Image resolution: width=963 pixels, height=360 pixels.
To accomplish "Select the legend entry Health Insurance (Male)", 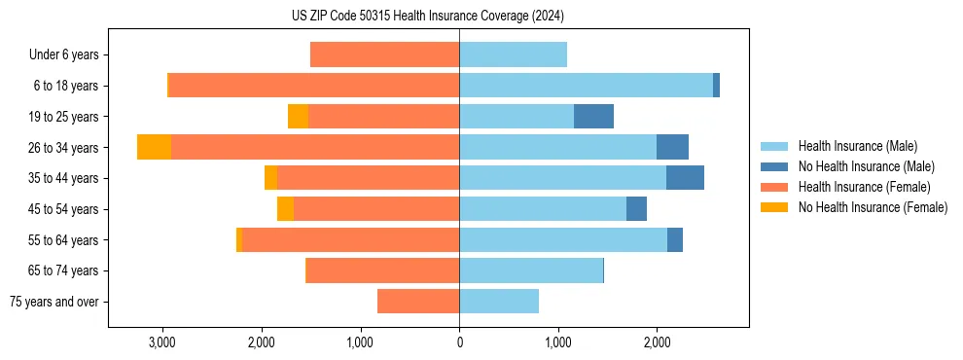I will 857,146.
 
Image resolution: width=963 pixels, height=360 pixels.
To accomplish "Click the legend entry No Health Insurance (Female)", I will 873,207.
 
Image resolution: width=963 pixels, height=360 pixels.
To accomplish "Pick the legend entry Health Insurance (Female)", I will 865,187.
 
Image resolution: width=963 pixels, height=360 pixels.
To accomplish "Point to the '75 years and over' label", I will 53,302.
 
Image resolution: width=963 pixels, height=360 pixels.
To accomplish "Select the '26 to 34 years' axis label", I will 62,148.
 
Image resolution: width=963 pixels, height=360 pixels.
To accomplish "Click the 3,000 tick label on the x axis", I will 161,342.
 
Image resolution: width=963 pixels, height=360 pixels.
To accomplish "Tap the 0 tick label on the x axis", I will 459,342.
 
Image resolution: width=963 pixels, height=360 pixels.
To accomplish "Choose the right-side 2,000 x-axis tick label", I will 657,342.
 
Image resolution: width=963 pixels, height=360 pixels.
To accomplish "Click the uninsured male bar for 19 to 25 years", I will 593,117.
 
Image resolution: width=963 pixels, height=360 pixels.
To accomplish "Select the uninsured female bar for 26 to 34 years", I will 154,147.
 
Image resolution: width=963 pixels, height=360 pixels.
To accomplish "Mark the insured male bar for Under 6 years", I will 513,55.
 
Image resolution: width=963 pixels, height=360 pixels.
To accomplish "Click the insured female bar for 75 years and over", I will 418,302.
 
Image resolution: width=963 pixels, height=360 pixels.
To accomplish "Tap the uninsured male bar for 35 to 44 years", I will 685,178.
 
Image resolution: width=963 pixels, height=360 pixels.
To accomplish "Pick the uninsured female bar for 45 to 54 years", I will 285,209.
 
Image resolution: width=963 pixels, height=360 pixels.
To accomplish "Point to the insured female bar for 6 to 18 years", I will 314,86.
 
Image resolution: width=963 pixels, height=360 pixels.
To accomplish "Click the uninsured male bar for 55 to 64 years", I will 675,239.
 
